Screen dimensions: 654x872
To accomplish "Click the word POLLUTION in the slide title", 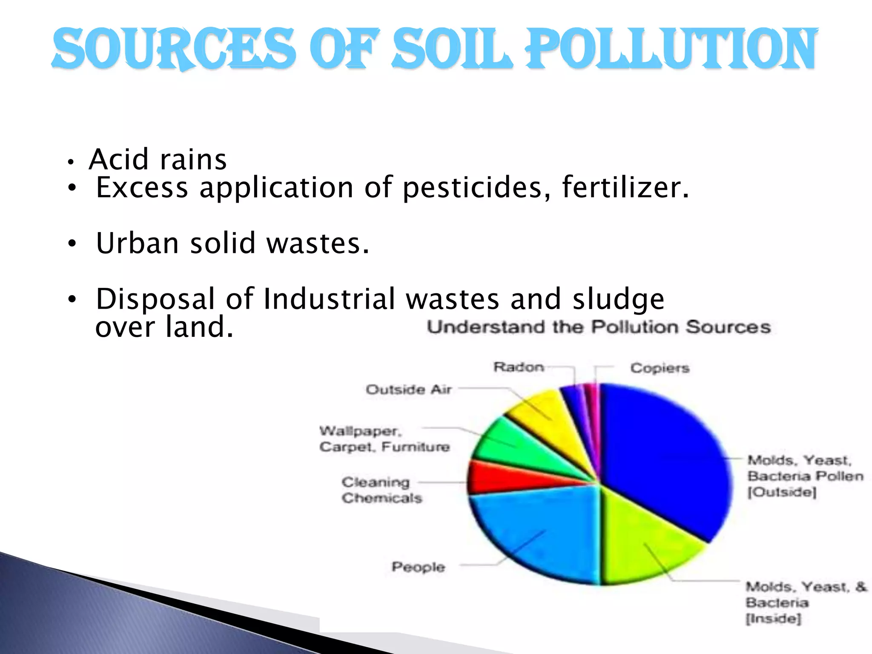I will tap(671, 49).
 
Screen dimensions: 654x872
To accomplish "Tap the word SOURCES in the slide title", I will tap(174, 49).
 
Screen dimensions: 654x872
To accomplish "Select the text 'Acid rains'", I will tap(158, 160).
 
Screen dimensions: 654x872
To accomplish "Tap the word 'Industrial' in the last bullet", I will tap(330, 299).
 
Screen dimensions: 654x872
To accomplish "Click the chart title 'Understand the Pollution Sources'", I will tap(599, 327).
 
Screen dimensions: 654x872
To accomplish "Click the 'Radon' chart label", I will tap(519, 367).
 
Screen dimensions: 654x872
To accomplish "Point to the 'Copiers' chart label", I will tap(660, 368).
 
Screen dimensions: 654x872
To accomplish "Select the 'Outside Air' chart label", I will tap(409, 389).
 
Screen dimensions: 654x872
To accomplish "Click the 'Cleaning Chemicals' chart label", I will tap(381, 490).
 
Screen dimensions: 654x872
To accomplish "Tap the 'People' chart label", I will tap(418, 567).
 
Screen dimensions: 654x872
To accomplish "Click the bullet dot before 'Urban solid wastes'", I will tap(72, 244).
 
